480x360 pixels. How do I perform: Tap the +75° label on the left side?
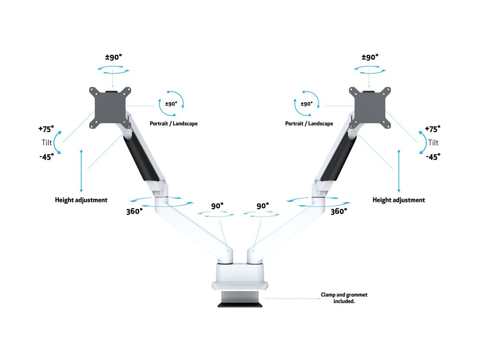(x=46, y=129)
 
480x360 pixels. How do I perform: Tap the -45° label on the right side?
(x=433, y=156)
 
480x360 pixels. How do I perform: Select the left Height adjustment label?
(x=81, y=200)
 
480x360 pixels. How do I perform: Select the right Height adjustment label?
(x=398, y=200)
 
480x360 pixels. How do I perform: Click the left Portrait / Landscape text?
(x=174, y=124)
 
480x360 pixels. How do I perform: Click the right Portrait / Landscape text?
(x=309, y=124)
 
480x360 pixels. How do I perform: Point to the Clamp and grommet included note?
(x=344, y=298)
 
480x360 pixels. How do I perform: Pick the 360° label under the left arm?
(x=134, y=211)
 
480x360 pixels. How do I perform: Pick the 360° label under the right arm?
(x=338, y=211)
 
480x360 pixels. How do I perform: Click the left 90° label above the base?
(x=217, y=206)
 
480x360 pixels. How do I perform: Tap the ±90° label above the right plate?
(x=370, y=57)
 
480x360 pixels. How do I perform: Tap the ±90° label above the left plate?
(x=114, y=57)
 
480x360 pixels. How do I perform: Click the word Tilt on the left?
(x=47, y=142)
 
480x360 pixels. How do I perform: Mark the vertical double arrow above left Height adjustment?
(x=81, y=171)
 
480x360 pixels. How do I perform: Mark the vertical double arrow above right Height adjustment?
(x=398, y=171)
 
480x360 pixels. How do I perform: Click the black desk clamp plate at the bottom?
(x=240, y=305)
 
